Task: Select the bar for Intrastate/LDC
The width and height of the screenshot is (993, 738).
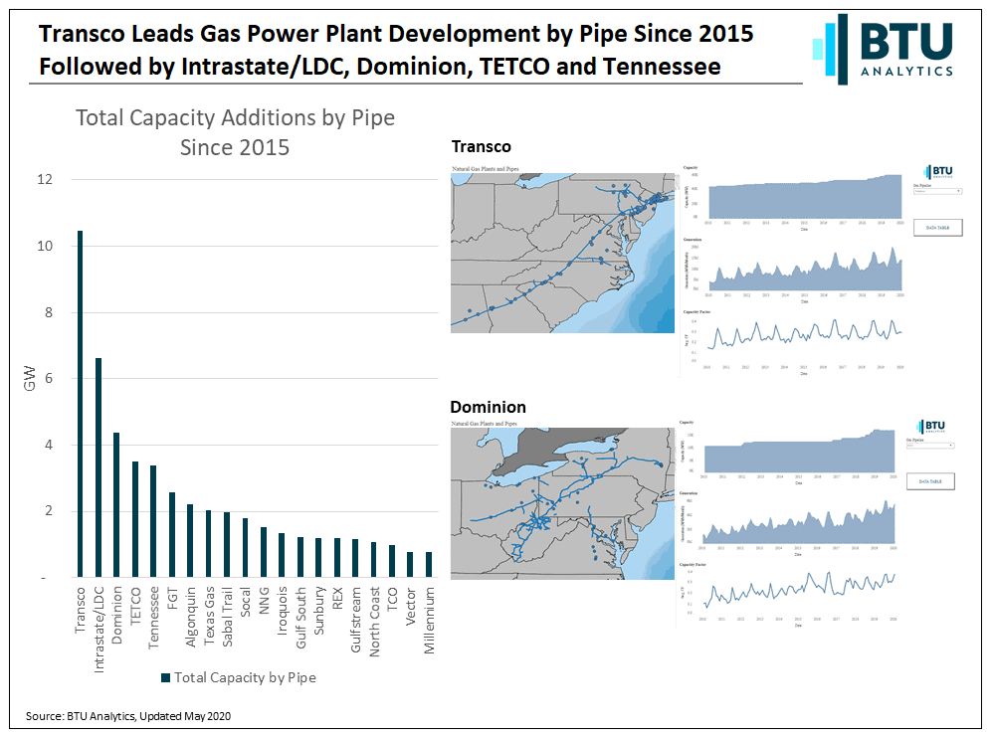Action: point(99,467)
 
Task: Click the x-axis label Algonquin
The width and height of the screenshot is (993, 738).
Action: point(190,618)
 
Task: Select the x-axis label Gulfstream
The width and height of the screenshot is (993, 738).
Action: point(355,620)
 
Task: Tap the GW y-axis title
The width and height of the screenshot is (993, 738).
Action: point(31,379)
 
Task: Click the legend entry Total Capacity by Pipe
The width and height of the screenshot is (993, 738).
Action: point(237,677)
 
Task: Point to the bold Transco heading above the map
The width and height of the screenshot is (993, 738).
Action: point(481,147)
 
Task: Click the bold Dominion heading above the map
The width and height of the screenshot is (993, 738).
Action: point(488,408)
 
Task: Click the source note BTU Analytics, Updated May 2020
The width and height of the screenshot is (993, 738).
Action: point(133,716)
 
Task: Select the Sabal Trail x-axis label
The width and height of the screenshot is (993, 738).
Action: point(227,617)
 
